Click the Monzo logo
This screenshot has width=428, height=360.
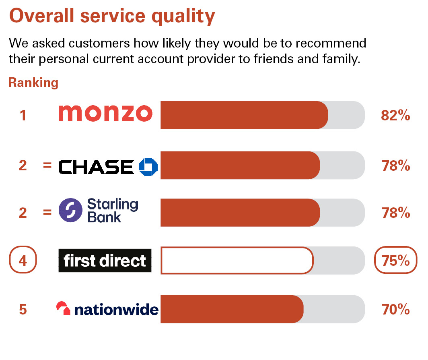coord(105,113)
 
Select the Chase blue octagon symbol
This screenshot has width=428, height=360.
coord(148,167)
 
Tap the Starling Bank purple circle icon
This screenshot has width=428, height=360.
coord(70,210)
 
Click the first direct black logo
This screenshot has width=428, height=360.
coord(105,261)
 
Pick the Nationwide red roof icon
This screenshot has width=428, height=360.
coord(63,308)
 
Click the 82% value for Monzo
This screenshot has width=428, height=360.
coord(395,115)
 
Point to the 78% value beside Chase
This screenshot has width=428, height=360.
coord(396,166)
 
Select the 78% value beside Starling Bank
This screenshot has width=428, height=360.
coord(396,213)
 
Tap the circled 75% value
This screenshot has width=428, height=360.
coord(396,260)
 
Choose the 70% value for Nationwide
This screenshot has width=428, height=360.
coord(396,309)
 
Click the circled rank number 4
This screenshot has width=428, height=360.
coord(23,260)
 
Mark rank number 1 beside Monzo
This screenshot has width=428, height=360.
coord(23,115)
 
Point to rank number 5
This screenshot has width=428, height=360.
coord(23,309)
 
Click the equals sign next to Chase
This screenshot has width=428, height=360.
coord(47,165)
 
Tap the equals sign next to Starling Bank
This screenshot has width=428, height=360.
coord(47,212)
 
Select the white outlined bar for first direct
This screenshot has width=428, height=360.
coord(237,261)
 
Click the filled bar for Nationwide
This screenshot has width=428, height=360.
coord(232,309)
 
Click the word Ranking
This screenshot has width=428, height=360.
coord(33,83)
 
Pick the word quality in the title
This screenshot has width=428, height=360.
coord(183,17)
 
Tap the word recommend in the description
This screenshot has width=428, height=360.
coord(331,43)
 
